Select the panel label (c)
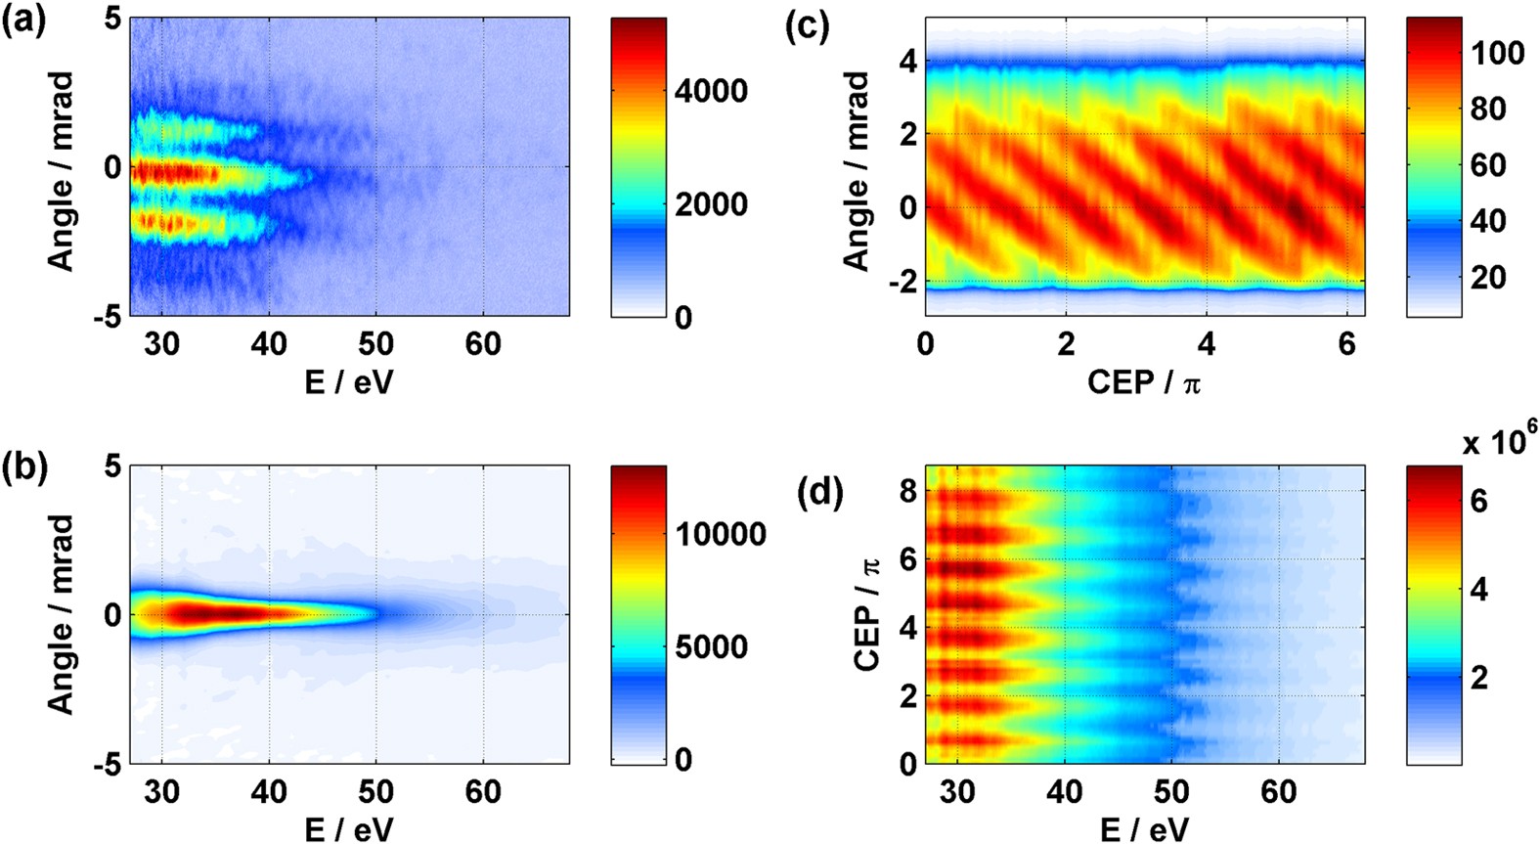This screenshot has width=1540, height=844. coord(808,26)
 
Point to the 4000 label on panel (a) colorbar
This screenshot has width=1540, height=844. coord(711,92)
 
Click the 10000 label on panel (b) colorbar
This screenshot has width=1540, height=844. coord(721,534)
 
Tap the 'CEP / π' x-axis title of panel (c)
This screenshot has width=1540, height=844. coord(1144,382)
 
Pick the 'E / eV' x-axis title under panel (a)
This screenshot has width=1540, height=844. coord(349,382)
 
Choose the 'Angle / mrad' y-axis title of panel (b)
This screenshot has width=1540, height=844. coord(61,614)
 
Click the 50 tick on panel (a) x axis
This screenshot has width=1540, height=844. coord(375,345)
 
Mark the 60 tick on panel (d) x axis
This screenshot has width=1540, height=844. coord(1279,792)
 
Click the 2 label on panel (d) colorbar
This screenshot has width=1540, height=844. coord(1478,676)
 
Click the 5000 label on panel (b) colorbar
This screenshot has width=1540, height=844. coord(711,647)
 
